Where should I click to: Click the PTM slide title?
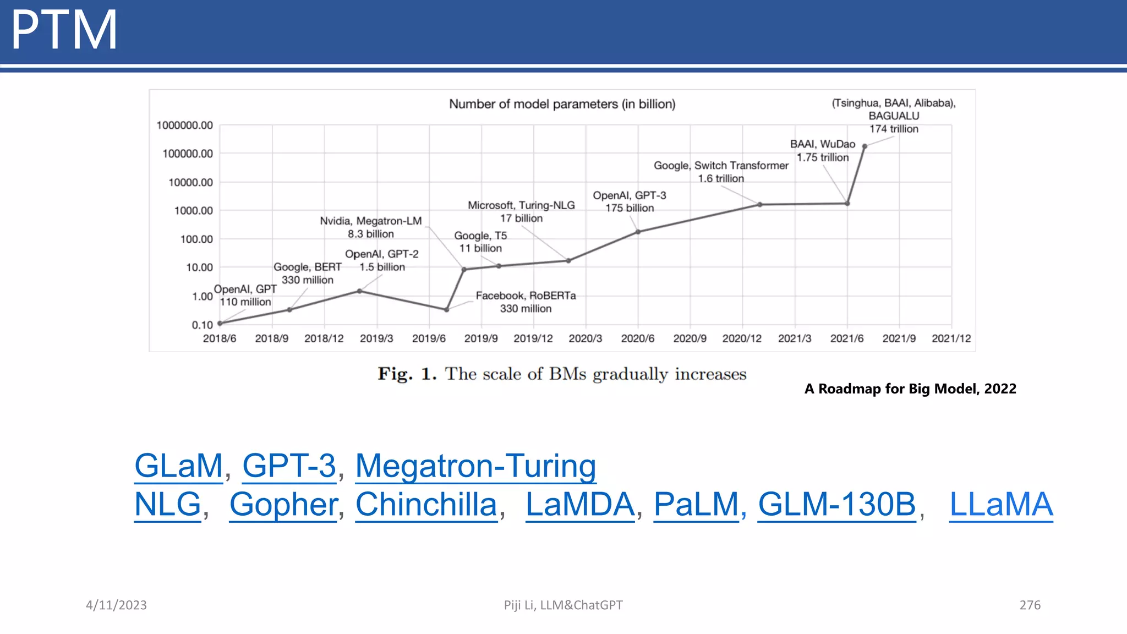(x=64, y=30)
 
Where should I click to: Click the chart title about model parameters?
(x=562, y=104)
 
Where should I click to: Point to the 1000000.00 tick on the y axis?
(x=184, y=125)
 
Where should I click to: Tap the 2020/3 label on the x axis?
(x=585, y=338)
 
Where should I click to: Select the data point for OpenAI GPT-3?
(x=638, y=232)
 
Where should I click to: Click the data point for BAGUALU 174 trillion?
(x=865, y=146)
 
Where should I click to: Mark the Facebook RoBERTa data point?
(x=446, y=310)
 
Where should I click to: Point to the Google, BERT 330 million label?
(x=308, y=274)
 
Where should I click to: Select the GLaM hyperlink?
(x=179, y=466)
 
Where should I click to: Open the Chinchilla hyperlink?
(x=426, y=504)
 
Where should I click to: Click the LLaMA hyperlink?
(x=1001, y=504)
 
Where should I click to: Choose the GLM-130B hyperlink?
(x=836, y=504)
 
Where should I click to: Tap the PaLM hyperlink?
(x=696, y=504)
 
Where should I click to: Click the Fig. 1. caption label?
(x=407, y=374)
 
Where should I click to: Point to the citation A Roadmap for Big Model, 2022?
(x=910, y=389)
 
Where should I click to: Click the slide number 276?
(x=1030, y=605)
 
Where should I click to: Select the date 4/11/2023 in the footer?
(x=116, y=605)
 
